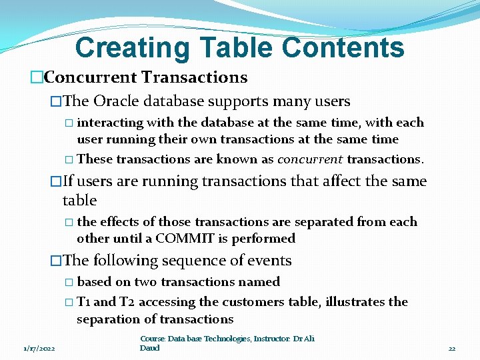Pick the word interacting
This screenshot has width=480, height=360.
coord(110,123)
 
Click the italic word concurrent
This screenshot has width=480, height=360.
coord(310,159)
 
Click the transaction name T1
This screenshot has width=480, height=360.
coord(85,302)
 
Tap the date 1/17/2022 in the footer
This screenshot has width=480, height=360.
coord(39,348)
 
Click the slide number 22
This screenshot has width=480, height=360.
coord(451,348)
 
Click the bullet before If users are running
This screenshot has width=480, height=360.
coord(56,181)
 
